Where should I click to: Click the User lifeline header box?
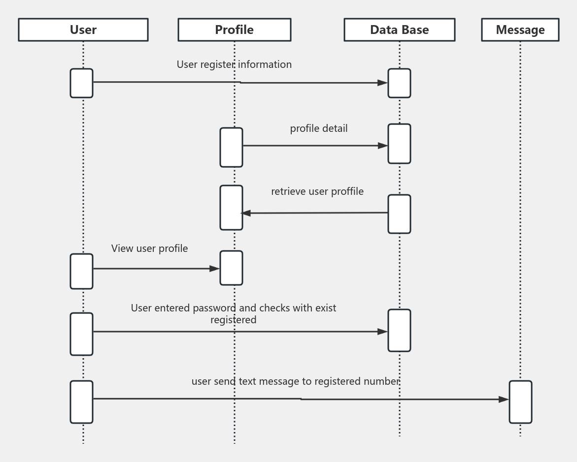click(x=83, y=30)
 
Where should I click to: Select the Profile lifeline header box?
click(x=234, y=30)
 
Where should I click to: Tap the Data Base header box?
click(x=399, y=30)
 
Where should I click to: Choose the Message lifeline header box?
click(x=520, y=30)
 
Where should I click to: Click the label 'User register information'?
click(x=234, y=64)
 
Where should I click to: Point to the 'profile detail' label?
click(x=318, y=128)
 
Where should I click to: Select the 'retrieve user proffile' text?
click(x=317, y=191)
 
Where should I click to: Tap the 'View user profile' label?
click(x=149, y=248)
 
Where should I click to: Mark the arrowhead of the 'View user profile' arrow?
click(x=215, y=269)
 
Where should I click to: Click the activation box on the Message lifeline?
click(x=520, y=401)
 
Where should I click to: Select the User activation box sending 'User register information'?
click(x=81, y=83)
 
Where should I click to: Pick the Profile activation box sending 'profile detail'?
click(x=231, y=147)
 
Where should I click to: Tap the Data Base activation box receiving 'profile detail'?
click(x=399, y=144)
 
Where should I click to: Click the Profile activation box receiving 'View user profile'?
click(x=231, y=268)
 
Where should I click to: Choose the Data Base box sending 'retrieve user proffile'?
click(x=399, y=214)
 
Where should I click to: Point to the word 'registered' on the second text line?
click(x=233, y=320)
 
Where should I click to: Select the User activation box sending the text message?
click(x=81, y=401)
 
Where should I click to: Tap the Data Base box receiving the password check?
click(x=399, y=330)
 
